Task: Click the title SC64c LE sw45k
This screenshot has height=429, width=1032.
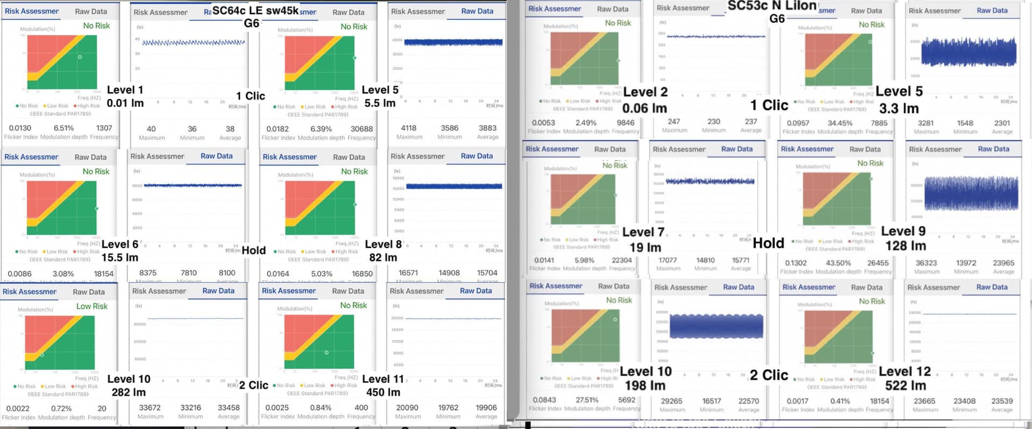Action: click(x=255, y=11)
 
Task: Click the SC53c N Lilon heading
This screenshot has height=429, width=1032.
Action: click(x=772, y=6)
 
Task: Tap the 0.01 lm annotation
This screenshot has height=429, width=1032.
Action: click(x=125, y=103)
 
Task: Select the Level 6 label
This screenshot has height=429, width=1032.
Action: click(x=120, y=244)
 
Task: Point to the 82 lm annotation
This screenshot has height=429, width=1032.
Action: click(x=383, y=258)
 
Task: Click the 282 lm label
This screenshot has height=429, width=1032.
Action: click(x=128, y=392)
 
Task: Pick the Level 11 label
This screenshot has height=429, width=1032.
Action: click(x=383, y=379)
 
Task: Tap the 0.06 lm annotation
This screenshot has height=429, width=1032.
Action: click(x=644, y=108)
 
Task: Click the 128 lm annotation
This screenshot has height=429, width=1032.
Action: click(x=905, y=246)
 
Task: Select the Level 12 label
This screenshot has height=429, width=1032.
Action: click(x=905, y=371)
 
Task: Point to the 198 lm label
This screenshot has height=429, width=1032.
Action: click(x=645, y=385)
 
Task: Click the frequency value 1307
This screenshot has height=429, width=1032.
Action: click(x=104, y=128)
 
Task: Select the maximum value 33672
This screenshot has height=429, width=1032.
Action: click(x=150, y=407)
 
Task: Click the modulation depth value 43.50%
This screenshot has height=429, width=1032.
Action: click(x=838, y=263)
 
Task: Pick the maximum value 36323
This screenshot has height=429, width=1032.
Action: click(x=926, y=263)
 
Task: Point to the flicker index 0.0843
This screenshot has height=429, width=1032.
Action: click(x=544, y=400)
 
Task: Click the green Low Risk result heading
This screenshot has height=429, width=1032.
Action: click(x=92, y=306)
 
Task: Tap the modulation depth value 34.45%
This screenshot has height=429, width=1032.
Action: click(x=840, y=123)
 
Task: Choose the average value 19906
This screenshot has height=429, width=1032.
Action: click(x=486, y=407)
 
